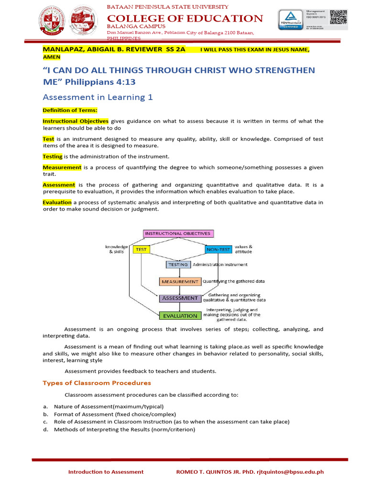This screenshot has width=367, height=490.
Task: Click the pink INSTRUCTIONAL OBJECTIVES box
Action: (178, 234)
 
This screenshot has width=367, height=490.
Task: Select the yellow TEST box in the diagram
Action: (141, 249)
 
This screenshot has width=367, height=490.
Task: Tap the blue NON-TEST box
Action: (218, 249)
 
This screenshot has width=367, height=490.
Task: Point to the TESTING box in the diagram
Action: (178, 265)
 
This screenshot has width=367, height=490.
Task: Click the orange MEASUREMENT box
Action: (180, 281)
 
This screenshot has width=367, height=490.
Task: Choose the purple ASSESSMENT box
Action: (180, 298)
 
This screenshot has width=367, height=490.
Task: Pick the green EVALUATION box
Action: (180, 315)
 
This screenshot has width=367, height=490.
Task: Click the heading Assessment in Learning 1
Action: (97, 97)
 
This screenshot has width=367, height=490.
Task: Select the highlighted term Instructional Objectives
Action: (76, 121)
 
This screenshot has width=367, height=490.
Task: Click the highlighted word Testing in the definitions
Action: (53, 156)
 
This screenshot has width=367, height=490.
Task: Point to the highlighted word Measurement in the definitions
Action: (62, 167)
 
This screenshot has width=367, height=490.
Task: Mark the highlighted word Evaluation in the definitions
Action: (57, 202)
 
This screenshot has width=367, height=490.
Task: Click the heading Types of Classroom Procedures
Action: (97, 383)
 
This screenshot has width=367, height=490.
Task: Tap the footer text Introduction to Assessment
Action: (106, 472)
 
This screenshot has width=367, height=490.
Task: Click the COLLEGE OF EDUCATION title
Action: (184, 18)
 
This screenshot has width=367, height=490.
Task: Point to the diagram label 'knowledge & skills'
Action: (117, 249)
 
